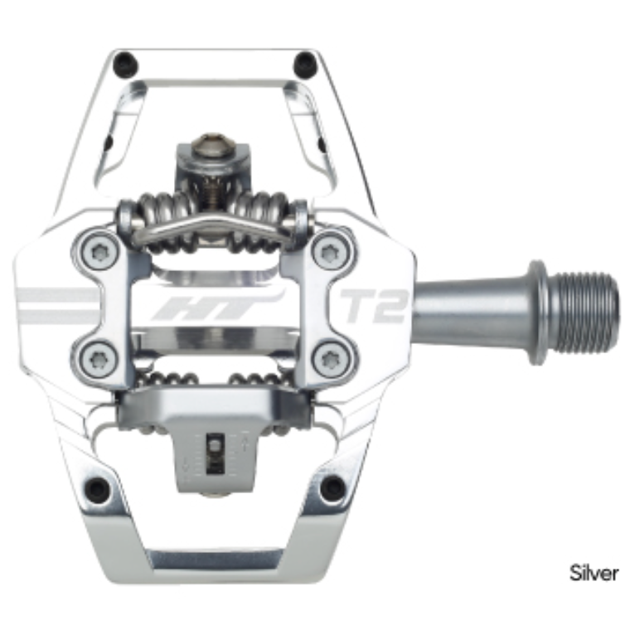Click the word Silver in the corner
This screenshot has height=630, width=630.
[x=594, y=572]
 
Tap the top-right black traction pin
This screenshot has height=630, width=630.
[x=306, y=60]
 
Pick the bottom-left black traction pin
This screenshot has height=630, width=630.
[x=99, y=489]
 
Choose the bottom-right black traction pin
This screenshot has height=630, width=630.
[x=332, y=487]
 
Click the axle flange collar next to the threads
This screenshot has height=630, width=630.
[x=538, y=313]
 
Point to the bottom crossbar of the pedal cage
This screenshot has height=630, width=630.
[x=215, y=559]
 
